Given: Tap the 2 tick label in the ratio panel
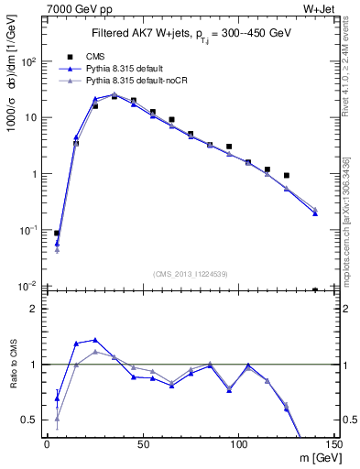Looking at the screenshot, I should [x=34, y=309].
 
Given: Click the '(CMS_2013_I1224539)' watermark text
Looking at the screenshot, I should [x=190, y=272].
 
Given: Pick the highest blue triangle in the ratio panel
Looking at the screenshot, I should [x=95, y=340].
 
